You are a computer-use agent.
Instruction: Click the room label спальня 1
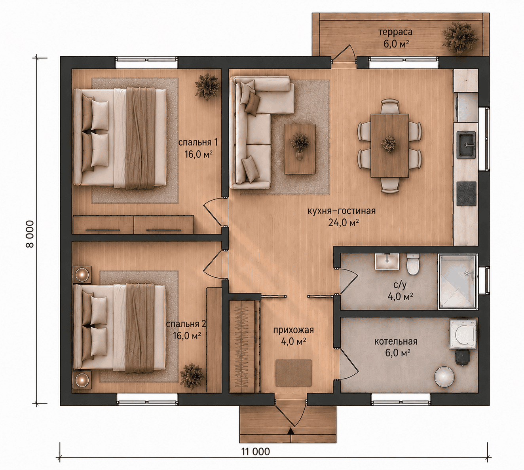click(198, 142)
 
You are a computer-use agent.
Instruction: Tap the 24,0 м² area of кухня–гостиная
click(344, 223)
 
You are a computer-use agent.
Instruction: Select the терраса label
click(395, 32)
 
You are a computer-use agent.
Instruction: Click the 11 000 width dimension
click(256, 452)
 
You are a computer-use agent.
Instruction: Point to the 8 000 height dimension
click(30, 234)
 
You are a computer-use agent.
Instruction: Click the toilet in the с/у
click(413, 264)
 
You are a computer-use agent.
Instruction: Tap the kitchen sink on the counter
click(466, 145)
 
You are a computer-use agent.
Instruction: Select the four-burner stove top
click(466, 193)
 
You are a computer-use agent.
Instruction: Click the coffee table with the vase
click(300, 149)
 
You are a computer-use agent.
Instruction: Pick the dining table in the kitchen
click(389, 146)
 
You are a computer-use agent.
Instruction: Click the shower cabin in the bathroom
click(457, 281)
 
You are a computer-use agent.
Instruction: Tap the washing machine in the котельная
click(463, 334)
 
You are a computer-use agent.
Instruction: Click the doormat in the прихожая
click(294, 373)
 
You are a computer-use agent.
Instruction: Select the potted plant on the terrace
click(459, 38)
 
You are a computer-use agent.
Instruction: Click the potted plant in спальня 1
click(207, 87)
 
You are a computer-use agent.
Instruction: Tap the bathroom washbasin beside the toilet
click(387, 262)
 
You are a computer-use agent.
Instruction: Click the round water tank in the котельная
click(444, 377)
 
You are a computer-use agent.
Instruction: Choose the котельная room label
click(396, 341)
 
